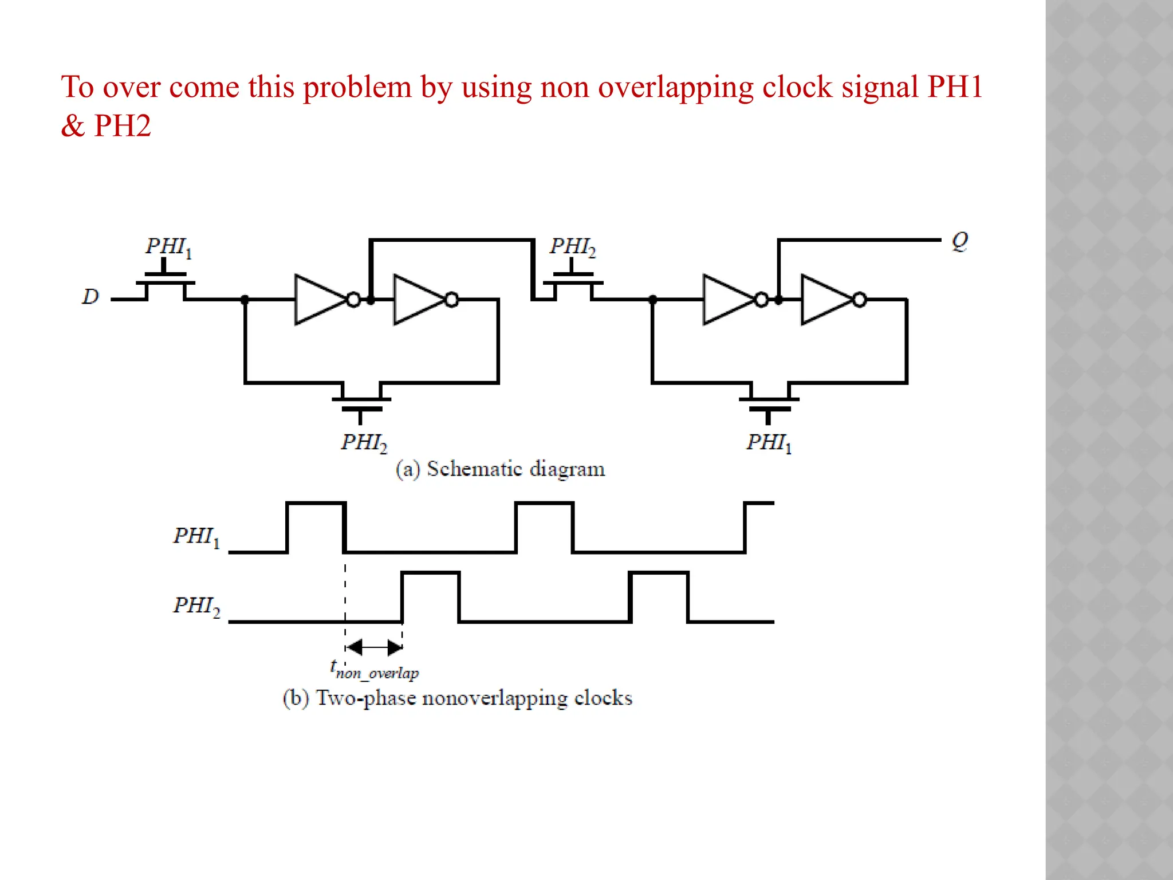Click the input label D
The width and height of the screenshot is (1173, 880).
tap(90, 297)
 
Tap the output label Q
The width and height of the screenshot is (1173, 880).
tap(960, 241)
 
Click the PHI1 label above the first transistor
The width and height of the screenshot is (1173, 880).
tap(168, 247)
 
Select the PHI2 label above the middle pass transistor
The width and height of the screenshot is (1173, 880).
tap(573, 247)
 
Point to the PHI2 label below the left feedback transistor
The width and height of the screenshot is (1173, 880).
tap(364, 443)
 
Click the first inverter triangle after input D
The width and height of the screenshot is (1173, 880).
tap(321, 300)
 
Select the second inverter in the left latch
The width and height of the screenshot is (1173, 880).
tap(419, 300)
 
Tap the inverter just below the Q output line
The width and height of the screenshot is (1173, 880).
tap(729, 300)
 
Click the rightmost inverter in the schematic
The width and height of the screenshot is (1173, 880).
tap(827, 300)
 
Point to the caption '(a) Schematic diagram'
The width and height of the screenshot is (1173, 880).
tap(500, 469)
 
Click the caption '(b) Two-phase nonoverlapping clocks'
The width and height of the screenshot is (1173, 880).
tap(458, 698)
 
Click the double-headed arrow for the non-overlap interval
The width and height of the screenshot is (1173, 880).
tap(375, 648)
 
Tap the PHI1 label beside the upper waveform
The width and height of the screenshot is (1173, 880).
tap(196, 537)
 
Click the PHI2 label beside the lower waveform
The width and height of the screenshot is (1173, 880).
tap(196, 606)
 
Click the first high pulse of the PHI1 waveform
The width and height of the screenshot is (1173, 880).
tap(316, 504)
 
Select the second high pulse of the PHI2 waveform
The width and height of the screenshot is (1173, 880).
tap(659, 573)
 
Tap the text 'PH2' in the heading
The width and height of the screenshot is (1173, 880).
tap(122, 126)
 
